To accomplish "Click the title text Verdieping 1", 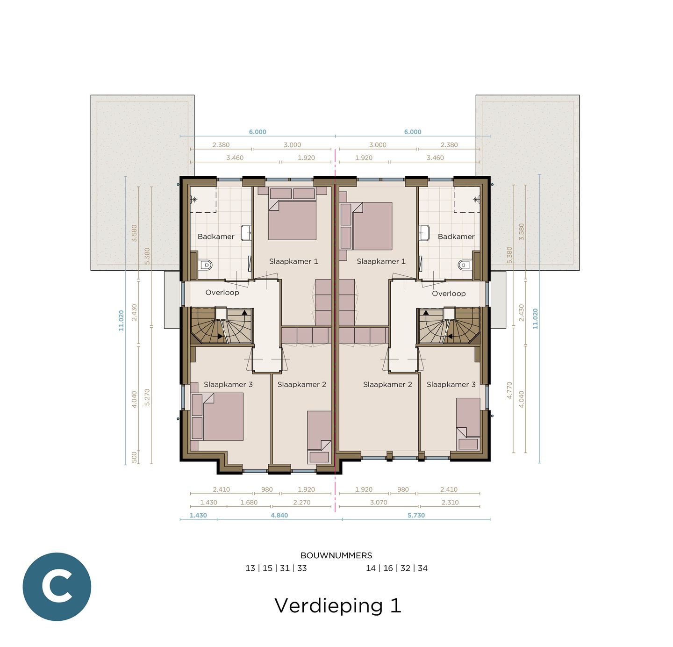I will [337, 605].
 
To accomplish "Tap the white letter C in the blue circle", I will [57, 587].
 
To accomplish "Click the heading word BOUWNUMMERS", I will [336, 555].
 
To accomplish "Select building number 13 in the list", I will [250, 568].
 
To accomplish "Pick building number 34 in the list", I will [422, 568].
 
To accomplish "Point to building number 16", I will [388, 568].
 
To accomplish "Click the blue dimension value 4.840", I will [279, 515].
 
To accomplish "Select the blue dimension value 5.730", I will [416, 515].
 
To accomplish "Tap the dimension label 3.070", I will [378, 503].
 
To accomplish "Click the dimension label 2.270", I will [301, 503].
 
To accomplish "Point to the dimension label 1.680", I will [249, 503].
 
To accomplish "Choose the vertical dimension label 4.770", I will [509, 390].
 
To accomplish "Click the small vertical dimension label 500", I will [135, 457].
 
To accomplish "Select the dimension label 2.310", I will [450, 503].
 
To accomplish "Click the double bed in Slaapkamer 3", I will [222, 417].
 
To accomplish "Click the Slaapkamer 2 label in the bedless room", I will [387, 384].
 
